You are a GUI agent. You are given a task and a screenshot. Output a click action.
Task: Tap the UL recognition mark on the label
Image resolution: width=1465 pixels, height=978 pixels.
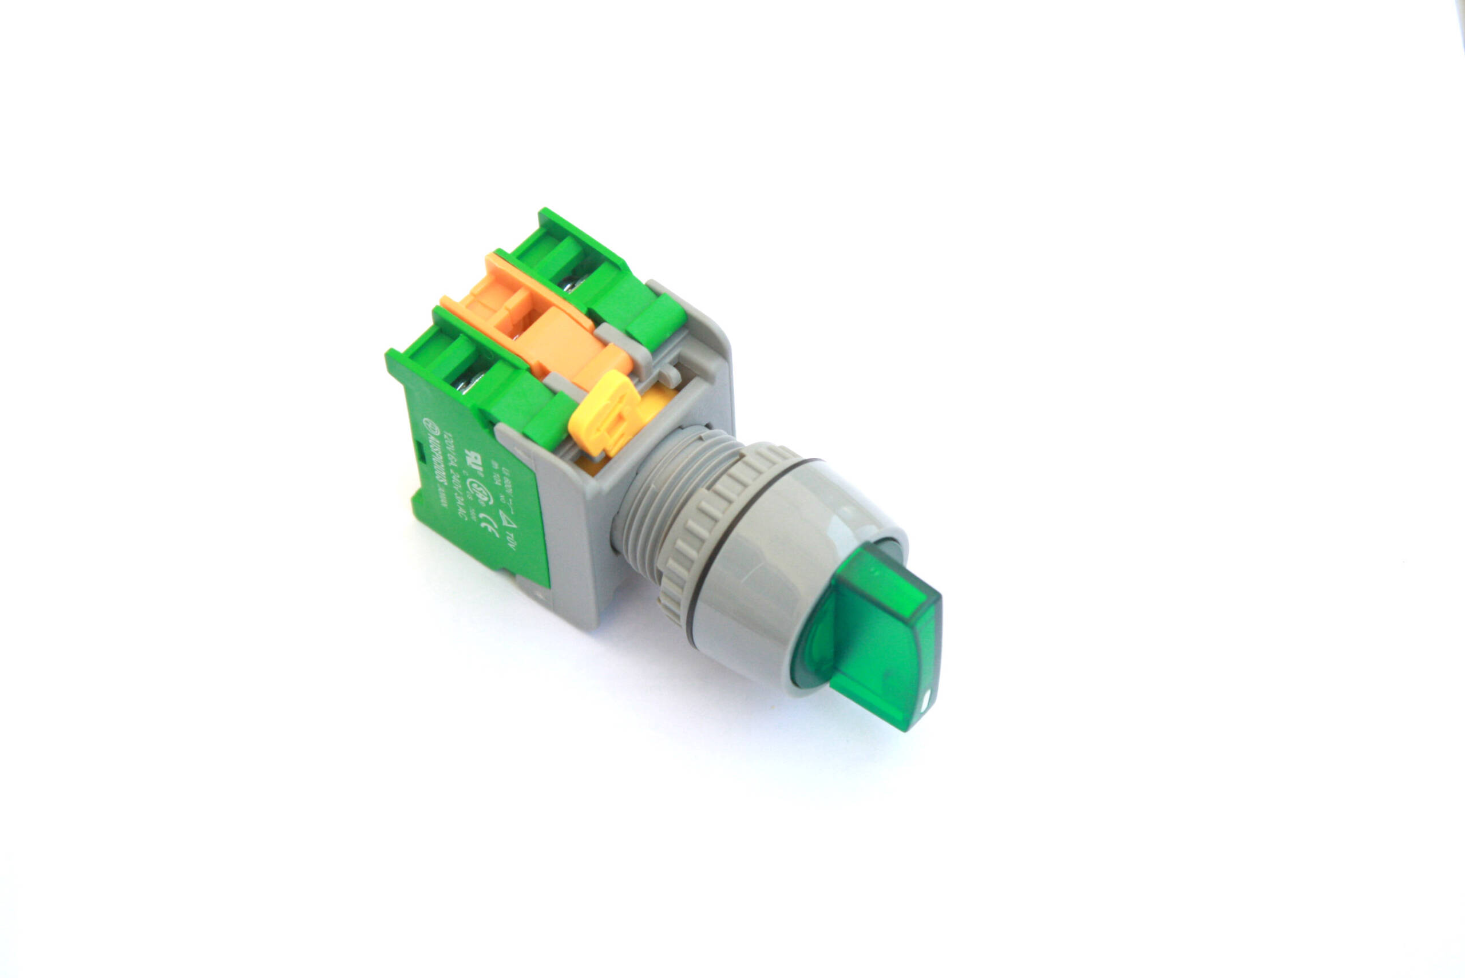coord(472,480)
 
